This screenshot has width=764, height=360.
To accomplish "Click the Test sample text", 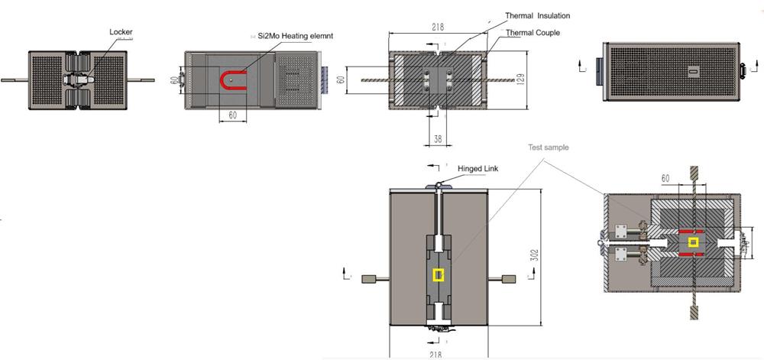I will point(549,148).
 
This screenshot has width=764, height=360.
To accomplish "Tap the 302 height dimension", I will point(535,253).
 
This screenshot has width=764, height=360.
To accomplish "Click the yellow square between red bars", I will point(693,243).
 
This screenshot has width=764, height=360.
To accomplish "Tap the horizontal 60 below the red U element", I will point(231,115).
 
